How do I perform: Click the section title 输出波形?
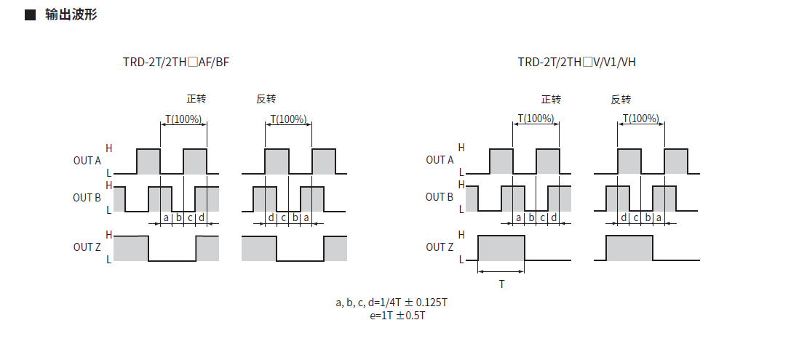tap(71, 15)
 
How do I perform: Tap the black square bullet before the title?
tap(30, 15)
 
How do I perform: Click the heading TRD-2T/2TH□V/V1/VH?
tap(577, 62)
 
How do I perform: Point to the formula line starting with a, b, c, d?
tap(391, 303)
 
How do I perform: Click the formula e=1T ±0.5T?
tap(397, 316)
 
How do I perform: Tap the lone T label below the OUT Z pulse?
tap(501, 284)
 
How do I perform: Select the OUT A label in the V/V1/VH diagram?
tap(440, 160)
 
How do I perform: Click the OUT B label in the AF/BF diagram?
tap(87, 198)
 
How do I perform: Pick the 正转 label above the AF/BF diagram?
tap(196, 99)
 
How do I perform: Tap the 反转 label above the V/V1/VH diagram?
tap(621, 100)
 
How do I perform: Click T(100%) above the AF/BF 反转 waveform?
tap(288, 119)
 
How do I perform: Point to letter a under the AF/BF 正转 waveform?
tap(166, 217)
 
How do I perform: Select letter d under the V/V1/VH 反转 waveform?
tap(624, 217)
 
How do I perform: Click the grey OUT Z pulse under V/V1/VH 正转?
tap(501, 248)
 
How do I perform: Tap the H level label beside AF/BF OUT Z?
tap(108, 235)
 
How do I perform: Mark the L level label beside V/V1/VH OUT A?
tap(461, 172)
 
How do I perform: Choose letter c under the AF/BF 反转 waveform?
tap(283, 218)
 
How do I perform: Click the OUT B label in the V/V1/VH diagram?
tap(440, 197)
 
